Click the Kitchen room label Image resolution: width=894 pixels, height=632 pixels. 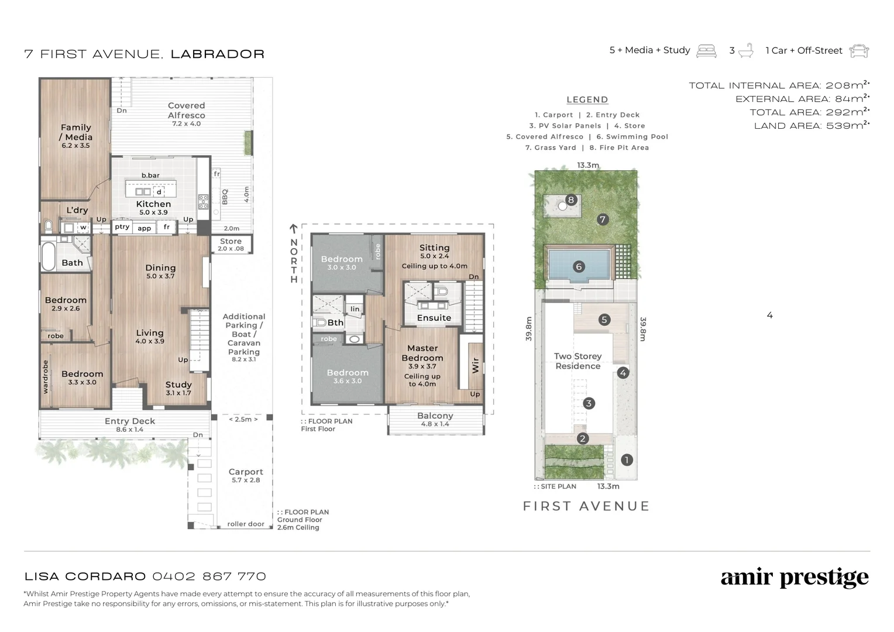(x=153, y=204)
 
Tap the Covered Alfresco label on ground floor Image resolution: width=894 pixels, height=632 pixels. (x=186, y=111)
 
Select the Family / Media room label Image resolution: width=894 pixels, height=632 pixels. (x=76, y=132)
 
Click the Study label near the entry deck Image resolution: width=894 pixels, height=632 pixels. (x=178, y=384)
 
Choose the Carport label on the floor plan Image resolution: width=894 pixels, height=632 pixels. (x=246, y=472)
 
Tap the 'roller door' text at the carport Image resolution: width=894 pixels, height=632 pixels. (x=246, y=524)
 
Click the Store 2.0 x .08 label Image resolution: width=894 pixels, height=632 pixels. (x=231, y=242)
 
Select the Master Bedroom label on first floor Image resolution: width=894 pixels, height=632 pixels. (x=422, y=353)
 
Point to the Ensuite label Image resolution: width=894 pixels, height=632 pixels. (x=434, y=318)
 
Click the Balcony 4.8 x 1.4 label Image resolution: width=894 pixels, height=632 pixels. (x=435, y=416)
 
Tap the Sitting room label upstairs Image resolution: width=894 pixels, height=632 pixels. (x=434, y=248)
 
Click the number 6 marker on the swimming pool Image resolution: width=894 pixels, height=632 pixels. (x=579, y=267)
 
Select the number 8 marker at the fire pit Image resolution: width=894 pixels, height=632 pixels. (x=571, y=200)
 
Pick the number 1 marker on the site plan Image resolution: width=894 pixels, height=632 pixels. (x=627, y=460)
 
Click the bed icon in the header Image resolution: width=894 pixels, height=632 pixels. (x=706, y=51)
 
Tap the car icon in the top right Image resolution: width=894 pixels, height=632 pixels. (x=859, y=51)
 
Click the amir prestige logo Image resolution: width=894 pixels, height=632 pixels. (x=795, y=578)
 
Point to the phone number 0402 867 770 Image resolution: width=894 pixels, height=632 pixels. (x=209, y=576)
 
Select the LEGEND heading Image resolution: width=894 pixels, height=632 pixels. (x=587, y=100)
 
